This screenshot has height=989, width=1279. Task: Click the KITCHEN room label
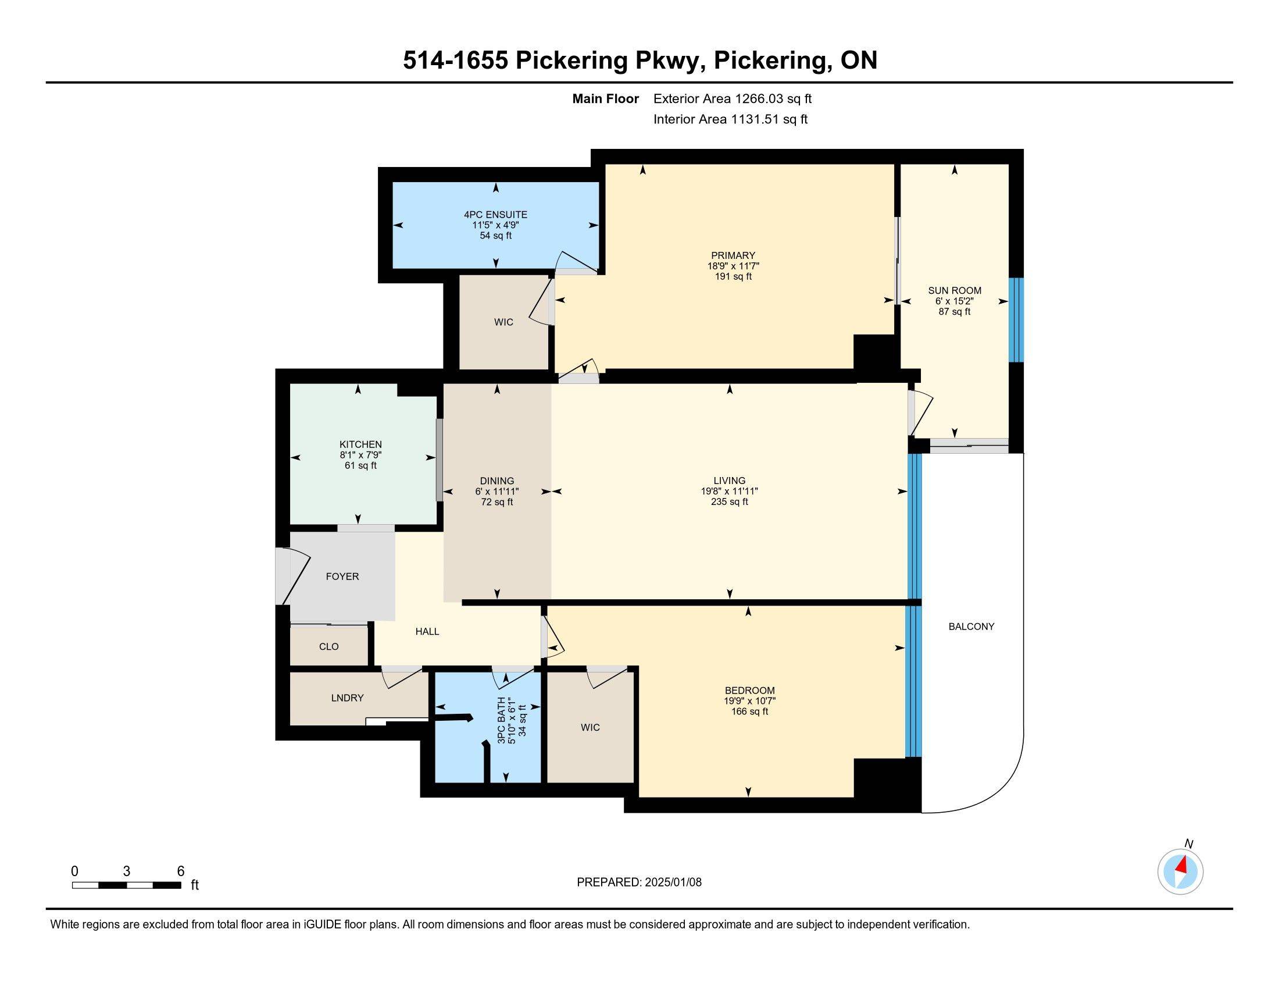click(361, 444)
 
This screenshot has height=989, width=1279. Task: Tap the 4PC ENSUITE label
click(495, 215)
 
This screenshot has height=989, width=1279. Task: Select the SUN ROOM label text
click(955, 291)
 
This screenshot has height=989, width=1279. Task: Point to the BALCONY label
click(971, 627)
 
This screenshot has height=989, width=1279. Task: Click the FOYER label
click(342, 577)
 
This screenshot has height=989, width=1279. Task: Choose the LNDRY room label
click(347, 698)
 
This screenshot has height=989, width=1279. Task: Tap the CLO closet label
click(328, 646)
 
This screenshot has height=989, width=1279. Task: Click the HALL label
click(427, 631)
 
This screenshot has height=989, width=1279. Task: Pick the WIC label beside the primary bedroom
click(503, 322)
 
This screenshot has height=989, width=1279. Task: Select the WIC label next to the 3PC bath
click(590, 727)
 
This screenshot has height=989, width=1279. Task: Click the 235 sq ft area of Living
click(730, 502)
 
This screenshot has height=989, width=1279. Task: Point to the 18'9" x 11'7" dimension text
click(733, 266)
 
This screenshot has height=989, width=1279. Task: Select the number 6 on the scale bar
click(180, 871)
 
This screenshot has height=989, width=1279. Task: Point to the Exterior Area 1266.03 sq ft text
click(733, 99)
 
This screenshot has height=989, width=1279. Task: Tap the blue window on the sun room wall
click(1016, 320)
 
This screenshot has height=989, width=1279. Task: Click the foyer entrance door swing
click(293, 575)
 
